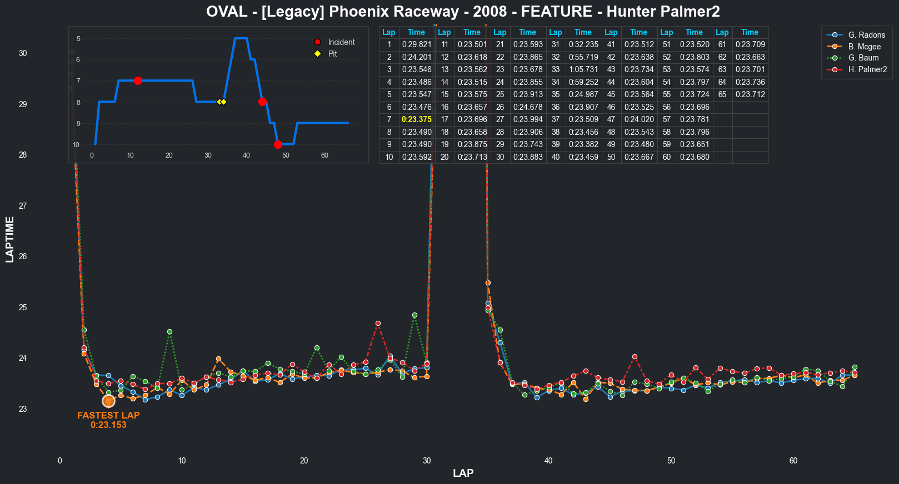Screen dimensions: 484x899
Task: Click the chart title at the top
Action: point(463,12)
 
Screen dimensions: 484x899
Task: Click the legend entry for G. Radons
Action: point(866,35)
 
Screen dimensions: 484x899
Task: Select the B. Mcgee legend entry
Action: point(864,47)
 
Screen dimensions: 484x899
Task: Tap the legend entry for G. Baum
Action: point(863,58)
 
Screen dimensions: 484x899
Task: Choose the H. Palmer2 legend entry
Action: point(867,69)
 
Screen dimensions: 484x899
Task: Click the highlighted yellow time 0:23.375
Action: point(417,119)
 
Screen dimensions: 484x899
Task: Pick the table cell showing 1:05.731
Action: point(583,69)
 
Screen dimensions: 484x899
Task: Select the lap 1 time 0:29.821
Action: point(417,44)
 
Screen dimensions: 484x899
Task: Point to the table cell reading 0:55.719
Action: point(583,57)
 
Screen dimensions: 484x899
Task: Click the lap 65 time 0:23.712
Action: point(750,94)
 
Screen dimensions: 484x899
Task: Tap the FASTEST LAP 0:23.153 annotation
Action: point(108,420)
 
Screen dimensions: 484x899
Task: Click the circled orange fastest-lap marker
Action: point(108,401)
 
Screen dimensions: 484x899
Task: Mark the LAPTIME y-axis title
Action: point(9,239)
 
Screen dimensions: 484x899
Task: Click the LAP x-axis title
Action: point(463,473)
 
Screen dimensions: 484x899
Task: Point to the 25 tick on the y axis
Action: point(23,307)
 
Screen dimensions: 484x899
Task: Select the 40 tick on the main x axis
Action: point(548,461)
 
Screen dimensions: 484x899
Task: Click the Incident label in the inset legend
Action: point(341,42)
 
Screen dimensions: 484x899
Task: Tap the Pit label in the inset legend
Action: point(332,54)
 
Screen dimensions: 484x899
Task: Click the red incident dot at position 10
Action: point(278,145)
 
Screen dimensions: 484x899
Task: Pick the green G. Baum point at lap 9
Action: point(169,332)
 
